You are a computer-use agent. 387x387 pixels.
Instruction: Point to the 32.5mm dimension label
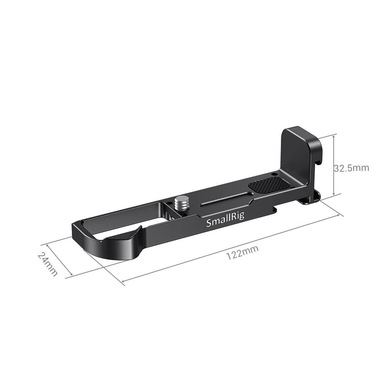click(x=351, y=168)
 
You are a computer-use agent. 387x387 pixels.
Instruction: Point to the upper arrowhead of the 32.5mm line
click(x=334, y=135)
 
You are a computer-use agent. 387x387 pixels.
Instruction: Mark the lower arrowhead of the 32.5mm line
click(x=334, y=195)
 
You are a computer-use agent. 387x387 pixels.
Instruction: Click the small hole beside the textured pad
click(x=274, y=174)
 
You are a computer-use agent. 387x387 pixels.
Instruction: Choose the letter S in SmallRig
click(x=209, y=223)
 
